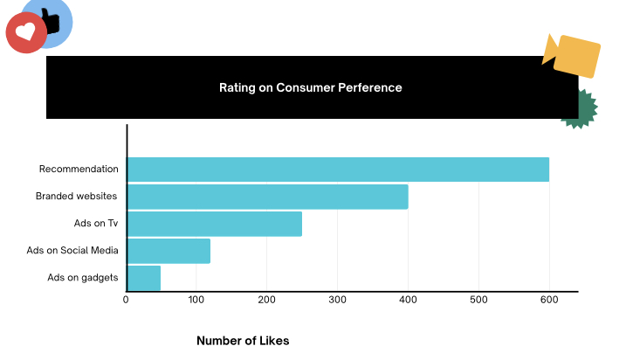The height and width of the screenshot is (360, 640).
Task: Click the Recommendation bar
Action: pyautogui.click(x=338, y=170)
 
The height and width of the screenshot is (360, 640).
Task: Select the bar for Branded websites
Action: pyautogui.click(x=267, y=197)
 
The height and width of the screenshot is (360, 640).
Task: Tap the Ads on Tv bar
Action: pyautogui.click(x=215, y=224)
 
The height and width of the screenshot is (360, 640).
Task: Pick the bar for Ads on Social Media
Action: pyautogui.click(x=169, y=251)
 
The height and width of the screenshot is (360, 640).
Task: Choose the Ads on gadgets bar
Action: pyautogui.click(x=144, y=278)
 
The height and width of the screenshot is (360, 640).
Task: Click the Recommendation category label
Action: pyautogui.click(x=79, y=169)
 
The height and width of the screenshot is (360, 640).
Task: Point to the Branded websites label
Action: pyautogui.click(x=76, y=197)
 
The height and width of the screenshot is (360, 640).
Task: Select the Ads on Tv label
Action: pyautogui.click(x=96, y=224)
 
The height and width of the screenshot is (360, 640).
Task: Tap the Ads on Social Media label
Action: pyautogui.click(x=72, y=251)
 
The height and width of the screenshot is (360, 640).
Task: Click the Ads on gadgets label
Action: pyautogui.click(x=82, y=278)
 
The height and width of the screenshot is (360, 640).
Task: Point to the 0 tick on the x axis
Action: pyautogui.click(x=127, y=301)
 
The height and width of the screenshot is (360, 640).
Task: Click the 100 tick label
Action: pyautogui.click(x=196, y=301)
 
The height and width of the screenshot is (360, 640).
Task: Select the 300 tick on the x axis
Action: pyautogui.click(x=338, y=301)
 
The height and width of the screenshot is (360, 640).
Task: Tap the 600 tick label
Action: pyautogui.click(x=549, y=301)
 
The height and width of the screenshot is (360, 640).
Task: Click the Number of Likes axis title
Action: pyautogui.click(x=243, y=341)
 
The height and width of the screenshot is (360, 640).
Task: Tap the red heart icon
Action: pyautogui.click(x=26, y=33)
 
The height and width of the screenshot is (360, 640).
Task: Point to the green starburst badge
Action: pyautogui.click(x=583, y=109)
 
